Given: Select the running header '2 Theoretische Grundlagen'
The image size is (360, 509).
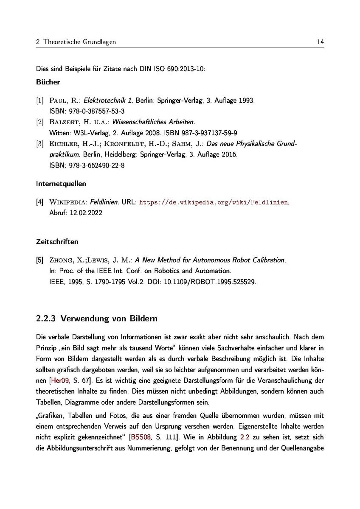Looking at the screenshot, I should click(x=76, y=42).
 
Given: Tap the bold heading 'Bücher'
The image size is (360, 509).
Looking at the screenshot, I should click(x=48, y=82).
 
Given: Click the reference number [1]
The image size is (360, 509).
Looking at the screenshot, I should click(x=39, y=101).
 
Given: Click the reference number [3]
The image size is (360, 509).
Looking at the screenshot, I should click(x=39, y=144).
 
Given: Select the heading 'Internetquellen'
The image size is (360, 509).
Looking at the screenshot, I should click(x=61, y=184).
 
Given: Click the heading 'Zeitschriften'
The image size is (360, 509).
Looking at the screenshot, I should click(x=57, y=242).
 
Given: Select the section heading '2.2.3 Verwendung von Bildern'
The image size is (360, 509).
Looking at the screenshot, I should click(x=97, y=319).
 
